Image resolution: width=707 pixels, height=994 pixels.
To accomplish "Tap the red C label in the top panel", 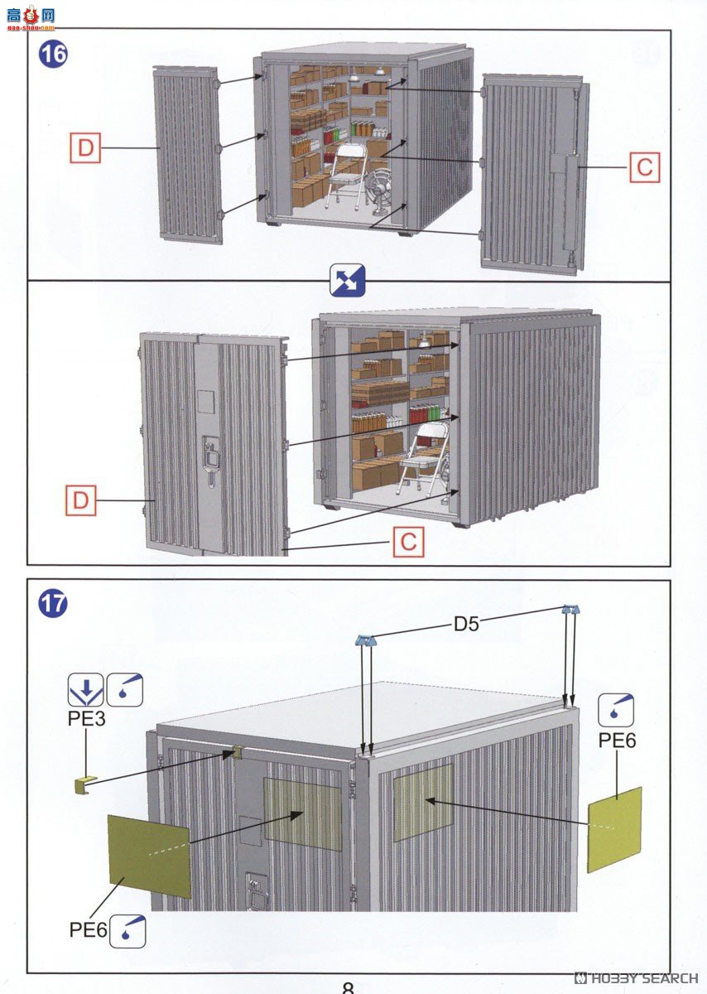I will click(644, 167).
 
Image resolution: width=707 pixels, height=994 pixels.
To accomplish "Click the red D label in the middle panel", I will click(81, 500).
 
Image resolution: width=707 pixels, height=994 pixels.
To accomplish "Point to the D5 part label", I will click(466, 624).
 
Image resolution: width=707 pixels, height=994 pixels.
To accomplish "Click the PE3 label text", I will click(86, 719).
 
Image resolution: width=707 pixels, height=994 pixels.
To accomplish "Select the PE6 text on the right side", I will click(617, 741).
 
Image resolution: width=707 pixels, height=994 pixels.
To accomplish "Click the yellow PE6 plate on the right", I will click(614, 829).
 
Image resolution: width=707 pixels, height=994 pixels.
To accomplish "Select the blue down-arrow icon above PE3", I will click(85, 688).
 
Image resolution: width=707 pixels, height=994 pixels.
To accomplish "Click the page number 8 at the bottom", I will click(348, 987).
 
